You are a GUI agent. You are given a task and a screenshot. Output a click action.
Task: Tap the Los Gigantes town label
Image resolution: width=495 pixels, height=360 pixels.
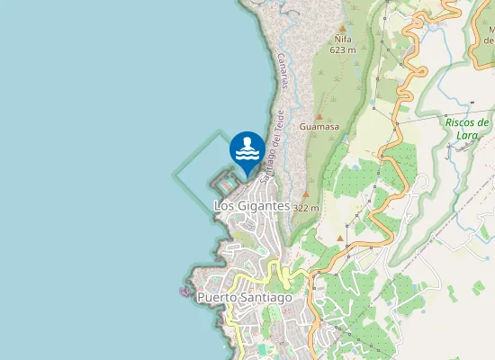(x=252, y=206)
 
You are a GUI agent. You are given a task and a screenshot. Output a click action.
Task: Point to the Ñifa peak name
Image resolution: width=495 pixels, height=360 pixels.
(x=343, y=40)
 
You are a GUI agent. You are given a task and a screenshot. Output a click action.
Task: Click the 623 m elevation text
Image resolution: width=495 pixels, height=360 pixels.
(x=343, y=50)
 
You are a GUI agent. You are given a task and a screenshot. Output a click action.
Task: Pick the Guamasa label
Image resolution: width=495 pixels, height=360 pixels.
(x=319, y=128)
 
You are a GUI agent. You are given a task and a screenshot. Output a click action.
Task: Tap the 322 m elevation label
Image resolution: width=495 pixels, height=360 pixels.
(x=306, y=207)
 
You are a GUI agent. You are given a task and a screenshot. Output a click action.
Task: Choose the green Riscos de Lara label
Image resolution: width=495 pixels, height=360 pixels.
(x=467, y=128)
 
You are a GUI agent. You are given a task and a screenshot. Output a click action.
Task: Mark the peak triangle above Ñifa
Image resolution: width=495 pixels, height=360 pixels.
(x=343, y=29)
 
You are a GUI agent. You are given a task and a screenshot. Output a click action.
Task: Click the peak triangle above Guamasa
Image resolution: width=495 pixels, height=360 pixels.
(x=319, y=117)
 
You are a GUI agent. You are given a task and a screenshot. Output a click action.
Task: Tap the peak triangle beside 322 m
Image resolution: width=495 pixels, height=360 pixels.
(x=306, y=194)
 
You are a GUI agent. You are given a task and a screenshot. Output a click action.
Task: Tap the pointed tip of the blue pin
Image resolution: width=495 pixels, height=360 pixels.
(x=247, y=172)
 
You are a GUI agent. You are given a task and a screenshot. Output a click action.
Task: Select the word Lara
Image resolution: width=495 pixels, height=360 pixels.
(x=467, y=134)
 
